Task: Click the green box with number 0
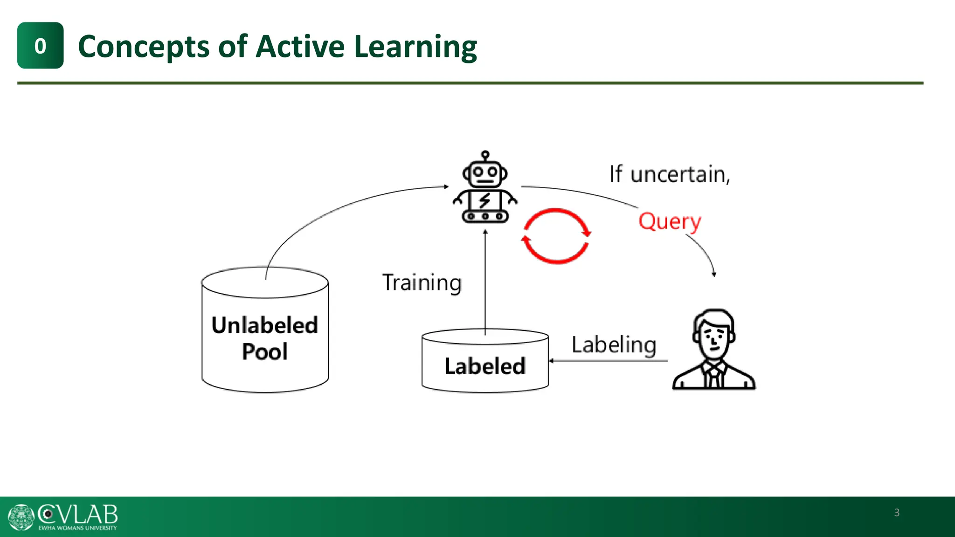[40, 46]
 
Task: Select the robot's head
[485, 174]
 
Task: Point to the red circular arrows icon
[556, 236]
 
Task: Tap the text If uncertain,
[669, 174]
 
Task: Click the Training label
[422, 283]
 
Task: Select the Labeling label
[614, 345]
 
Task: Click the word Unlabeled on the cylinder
[264, 325]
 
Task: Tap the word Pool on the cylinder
[264, 351]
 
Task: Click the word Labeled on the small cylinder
[485, 366]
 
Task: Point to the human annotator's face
[714, 338]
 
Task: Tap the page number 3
[896, 513]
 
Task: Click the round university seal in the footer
[21, 517]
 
